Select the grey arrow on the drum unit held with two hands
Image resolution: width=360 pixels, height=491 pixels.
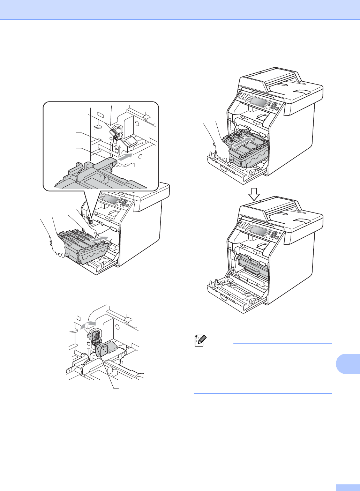coord(99,239)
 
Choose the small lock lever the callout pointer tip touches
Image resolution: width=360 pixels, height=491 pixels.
coord(89,221)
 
